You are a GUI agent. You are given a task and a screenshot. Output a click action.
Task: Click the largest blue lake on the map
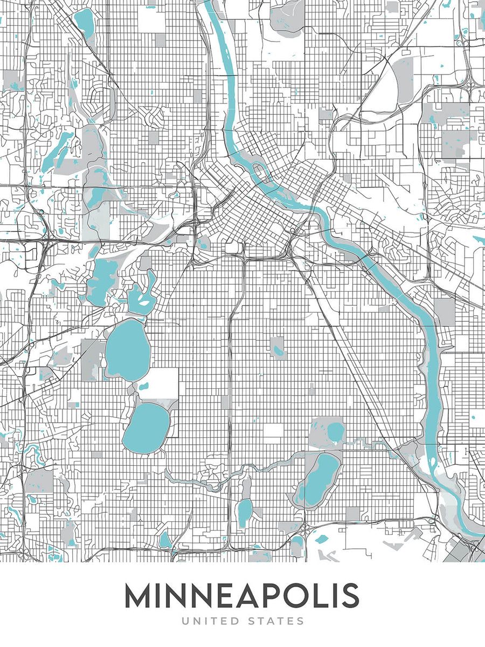click(x=127, y=349)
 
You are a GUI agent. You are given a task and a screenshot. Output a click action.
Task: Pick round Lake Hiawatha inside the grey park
click(x=335, y=431)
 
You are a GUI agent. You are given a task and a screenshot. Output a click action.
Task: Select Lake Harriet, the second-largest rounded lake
click(x=145, y=427)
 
